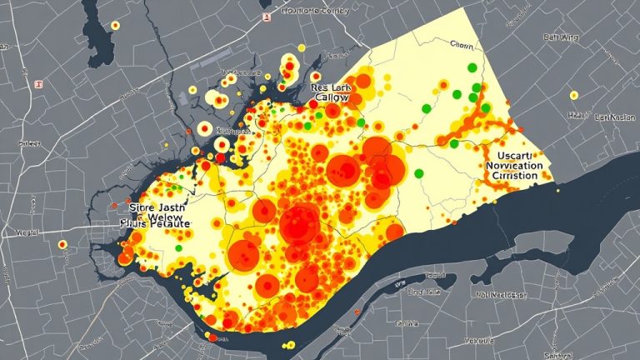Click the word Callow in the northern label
pyautogui.click(x=331, y=98)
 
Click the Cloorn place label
pyautogui.click(x=460, y=43)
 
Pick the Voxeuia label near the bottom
pyautogui.click(x=498, y=342)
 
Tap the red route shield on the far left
pyautogui.click(x=37, y=84)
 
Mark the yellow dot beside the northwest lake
pyautogui.click(x=115, y=26)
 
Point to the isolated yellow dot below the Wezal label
pyautogui.click(x=62, y=245)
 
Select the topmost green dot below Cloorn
pyautogui.click(x=472, y=67)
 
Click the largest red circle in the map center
pyautogui.click(x=300, y=224)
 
